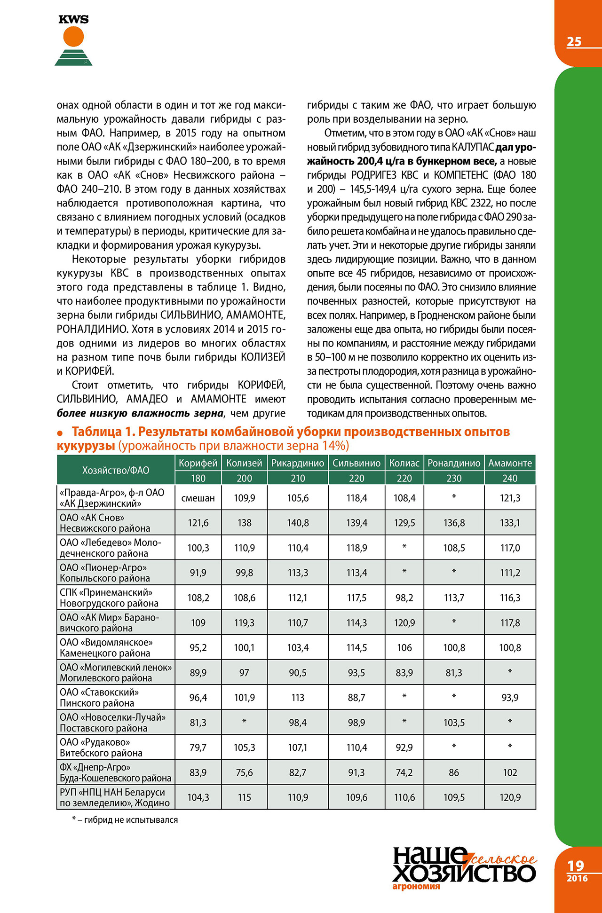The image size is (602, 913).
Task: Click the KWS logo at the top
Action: [73, 40]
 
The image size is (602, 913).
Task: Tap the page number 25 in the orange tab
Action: [574, 42]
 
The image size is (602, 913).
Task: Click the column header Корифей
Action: [198, 463]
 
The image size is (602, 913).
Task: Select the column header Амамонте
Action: [510, 463]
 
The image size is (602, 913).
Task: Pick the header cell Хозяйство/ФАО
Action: [116, 470]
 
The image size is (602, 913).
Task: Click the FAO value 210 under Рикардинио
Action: [298, 478]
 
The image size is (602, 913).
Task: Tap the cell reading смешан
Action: [198, 498]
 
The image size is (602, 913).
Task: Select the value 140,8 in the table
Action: [298, 523]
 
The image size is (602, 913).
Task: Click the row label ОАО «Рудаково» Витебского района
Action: [101, 748]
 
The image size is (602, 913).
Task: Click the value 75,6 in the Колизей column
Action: [244, 772]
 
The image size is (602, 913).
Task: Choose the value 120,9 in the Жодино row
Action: [510, 797]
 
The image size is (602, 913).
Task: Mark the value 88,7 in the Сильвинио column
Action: [356, 698]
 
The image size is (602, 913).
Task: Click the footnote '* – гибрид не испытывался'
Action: [125, 820]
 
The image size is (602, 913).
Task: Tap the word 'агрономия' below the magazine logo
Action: [416, 886]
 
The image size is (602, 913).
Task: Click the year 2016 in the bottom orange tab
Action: [577, 878]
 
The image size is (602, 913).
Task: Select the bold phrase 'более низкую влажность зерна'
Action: [140, 413]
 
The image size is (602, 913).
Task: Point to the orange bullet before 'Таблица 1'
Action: [60, 433]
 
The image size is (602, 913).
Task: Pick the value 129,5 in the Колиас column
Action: [404, 523]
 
